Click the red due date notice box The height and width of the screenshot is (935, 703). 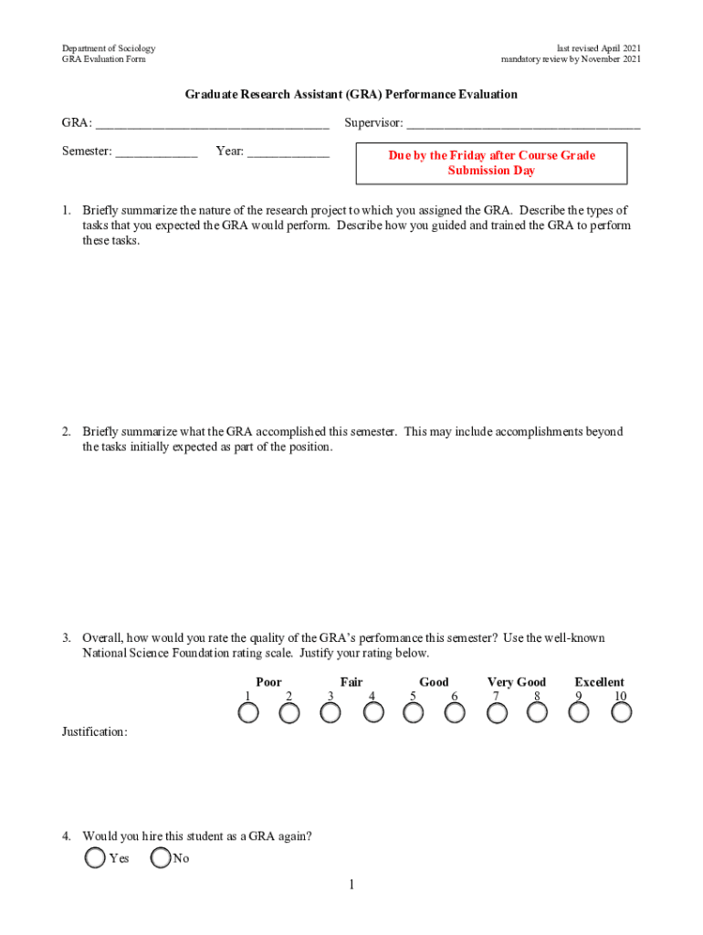491,163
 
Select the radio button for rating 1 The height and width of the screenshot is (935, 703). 247,713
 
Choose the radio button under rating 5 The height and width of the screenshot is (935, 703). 414,713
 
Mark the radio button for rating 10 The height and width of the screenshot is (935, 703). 622,713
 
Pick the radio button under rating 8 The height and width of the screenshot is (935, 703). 539,713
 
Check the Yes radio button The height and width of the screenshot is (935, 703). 94,857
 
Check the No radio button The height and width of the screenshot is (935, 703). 161,857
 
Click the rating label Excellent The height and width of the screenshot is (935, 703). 599,682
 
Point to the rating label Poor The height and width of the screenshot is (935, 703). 268,682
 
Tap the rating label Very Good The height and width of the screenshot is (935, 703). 517,682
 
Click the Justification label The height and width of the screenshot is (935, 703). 95,732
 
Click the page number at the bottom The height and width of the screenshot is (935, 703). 351,886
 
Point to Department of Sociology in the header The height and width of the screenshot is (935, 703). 109,47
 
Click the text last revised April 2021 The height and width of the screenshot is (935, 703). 598,47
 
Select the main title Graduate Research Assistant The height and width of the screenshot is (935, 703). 351,94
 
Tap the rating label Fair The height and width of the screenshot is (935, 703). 351,682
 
